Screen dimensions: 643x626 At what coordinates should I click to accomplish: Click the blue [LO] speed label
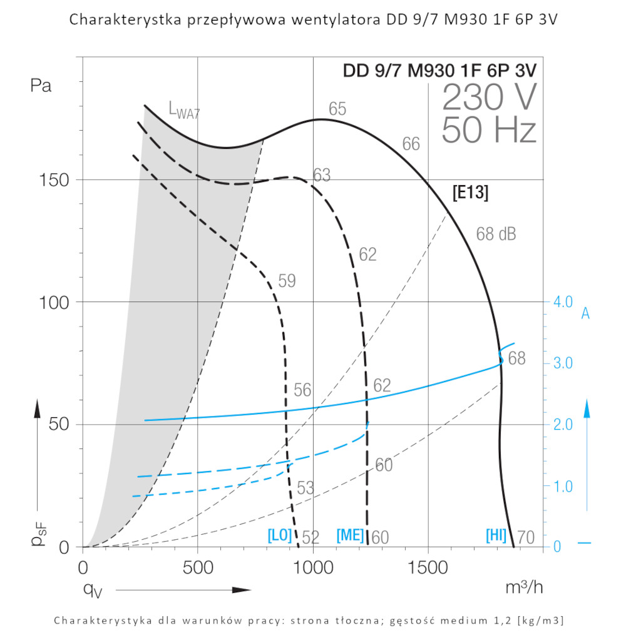(x=279, y=536)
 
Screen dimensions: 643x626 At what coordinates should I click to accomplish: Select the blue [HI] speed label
(x=496, y=536)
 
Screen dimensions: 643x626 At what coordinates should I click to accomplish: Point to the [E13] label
(x=470, y=193)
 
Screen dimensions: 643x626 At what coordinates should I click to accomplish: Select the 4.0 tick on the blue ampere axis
(x=563, y=302)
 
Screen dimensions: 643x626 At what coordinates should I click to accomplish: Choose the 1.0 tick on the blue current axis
(x=563, y=486)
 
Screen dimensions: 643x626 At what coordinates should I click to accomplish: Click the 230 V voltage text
(x=489, y=98)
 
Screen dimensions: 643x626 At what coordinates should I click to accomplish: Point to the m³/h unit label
(x=524, y=587)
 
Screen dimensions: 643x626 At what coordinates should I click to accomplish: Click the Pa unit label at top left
(x=41, y=86)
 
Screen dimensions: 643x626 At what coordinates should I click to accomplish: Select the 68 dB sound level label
(x=496, y=235)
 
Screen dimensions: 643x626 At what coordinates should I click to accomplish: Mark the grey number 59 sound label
(x=287, y=281)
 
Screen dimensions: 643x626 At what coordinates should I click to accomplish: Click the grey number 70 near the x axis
(x=526, y=537)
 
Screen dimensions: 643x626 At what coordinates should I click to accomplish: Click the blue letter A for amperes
(x=586, y=314)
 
